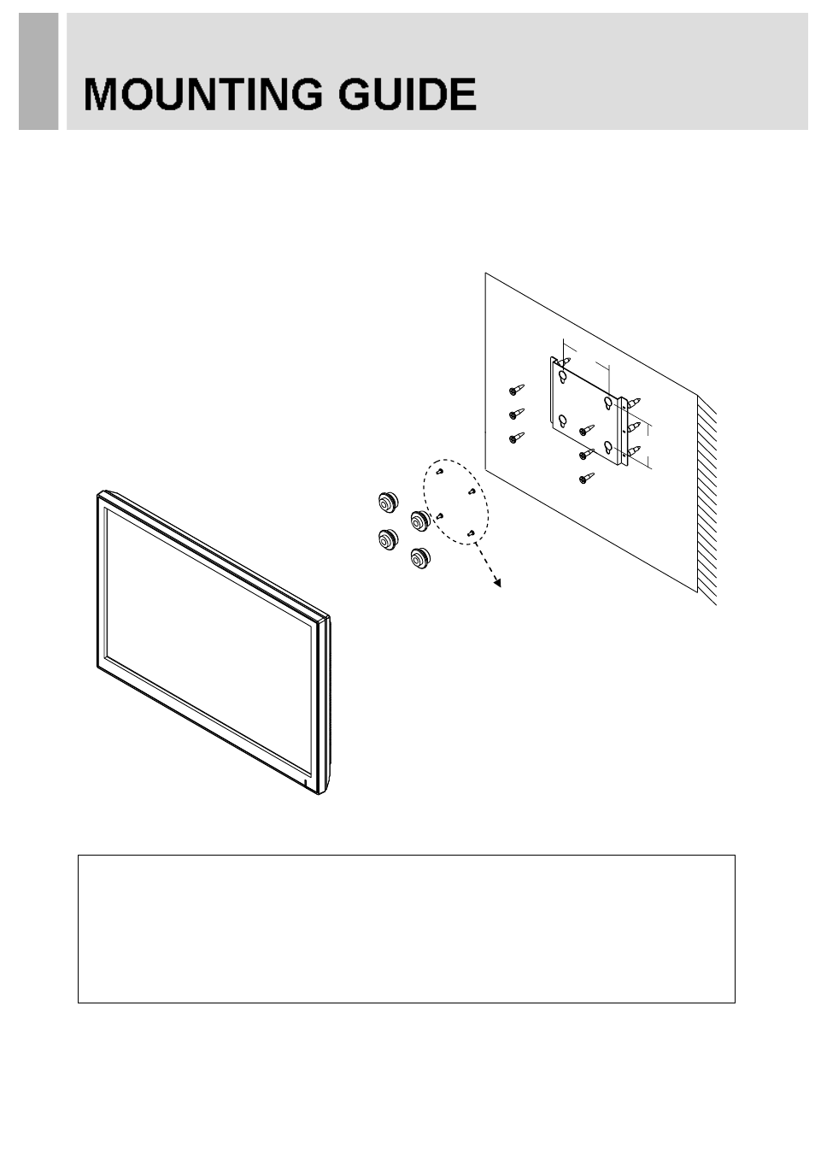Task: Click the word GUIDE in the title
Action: pyautogui.click(x=407, y=95)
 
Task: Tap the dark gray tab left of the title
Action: pyautogui.click(x=38, y=71)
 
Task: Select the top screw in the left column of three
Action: pyautogui.click(x=517, y=389)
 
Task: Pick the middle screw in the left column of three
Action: pyautogui.click(x=517, y=414)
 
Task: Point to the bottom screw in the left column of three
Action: pyautogui.click(x=517, y=437)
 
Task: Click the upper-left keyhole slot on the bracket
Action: pyautogui.click(x=562, y=376)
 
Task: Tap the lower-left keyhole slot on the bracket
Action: pyautogui.click(x=562, y=421)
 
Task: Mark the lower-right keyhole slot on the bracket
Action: pyautogui.click(x=607, y=448)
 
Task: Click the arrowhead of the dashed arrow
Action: pyautogui.click(x=496, y=582)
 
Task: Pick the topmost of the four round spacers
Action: pyautogui.click(x=387, y=501)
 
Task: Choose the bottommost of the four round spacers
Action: pyautogui.click(x=420, y=558)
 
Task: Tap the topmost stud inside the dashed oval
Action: pyautogui.click(x=439, y=471)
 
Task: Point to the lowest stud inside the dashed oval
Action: pyautogui.click(x=470, y=533)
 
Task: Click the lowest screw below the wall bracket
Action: pyautogui.click(x=587, y=478)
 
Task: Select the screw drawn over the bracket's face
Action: pyautogui.click(x=587, y=430)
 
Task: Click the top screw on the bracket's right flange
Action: pyautogui.click(x=633, y=403)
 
